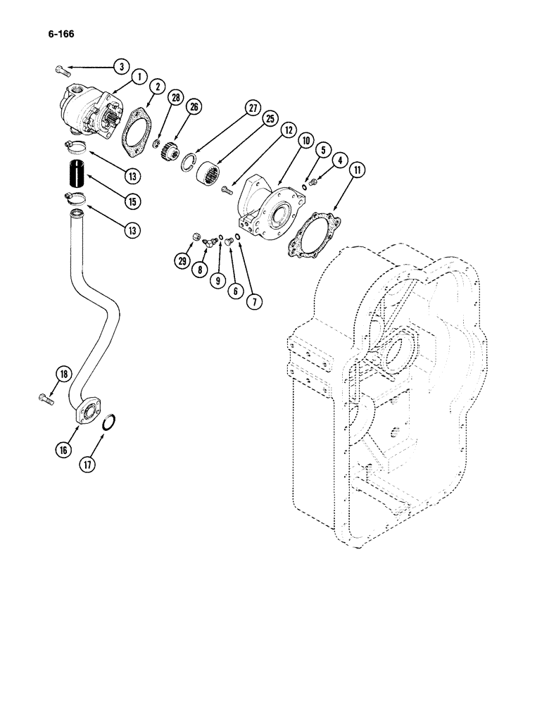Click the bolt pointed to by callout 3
[x=61, y=69]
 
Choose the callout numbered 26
[x=194, y=107]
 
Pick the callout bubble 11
[x=359, y=169]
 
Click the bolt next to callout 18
[x=46, y=399]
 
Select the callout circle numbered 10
[x=306, y=141]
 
